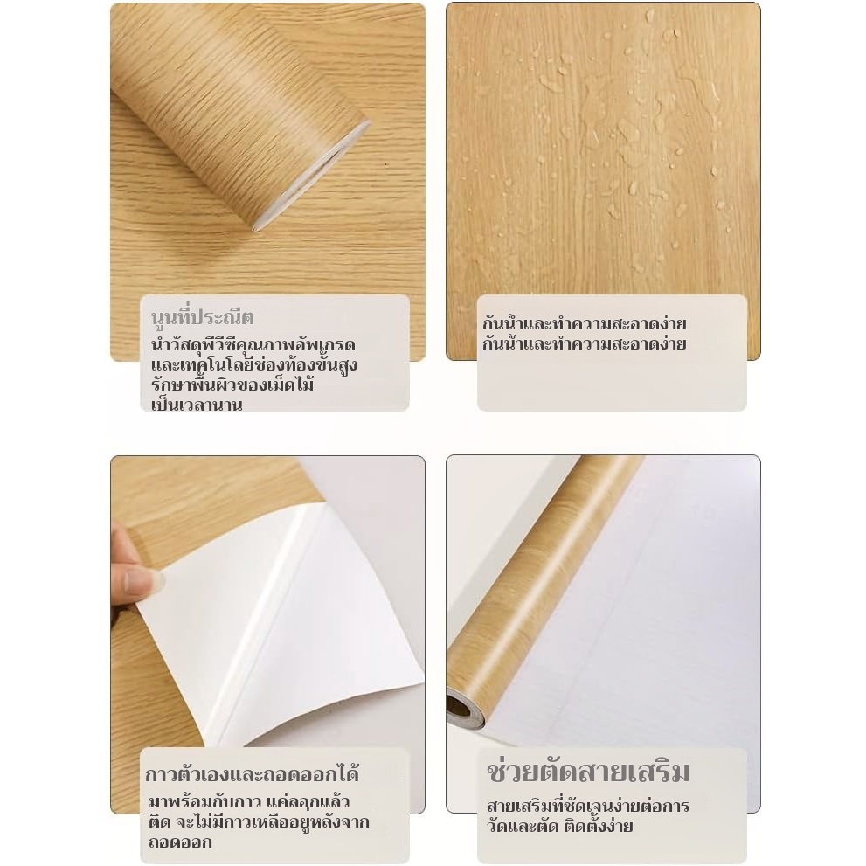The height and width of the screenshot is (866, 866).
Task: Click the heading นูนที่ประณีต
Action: tap(202, 317)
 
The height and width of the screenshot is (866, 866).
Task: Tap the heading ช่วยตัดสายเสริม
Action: tap(588, 772)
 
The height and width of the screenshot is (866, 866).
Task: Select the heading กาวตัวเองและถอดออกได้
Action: tap(253, 773)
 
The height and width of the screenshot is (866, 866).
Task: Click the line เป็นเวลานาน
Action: tap(197, 405)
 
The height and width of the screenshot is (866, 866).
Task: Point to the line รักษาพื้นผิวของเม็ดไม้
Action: tap(232, 384)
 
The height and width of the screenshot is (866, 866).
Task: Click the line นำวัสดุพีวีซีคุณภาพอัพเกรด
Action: tap(253, 344)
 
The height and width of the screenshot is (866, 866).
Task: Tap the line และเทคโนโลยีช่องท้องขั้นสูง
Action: tap(254, 364)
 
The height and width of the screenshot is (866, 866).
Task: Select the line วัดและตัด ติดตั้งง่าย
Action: tap(559, 826)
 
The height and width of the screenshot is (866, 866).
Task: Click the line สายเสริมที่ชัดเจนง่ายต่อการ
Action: tap(587, 806)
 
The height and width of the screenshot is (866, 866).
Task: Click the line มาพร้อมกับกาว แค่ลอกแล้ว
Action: tap(248, 801)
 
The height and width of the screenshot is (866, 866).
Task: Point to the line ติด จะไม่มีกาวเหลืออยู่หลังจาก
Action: tap(259, 821)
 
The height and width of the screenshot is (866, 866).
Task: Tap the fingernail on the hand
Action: tap(145, 582)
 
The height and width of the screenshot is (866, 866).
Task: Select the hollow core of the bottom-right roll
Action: tap(458, 706)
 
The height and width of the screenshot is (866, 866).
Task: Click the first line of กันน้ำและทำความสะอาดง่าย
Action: tap(584, 323)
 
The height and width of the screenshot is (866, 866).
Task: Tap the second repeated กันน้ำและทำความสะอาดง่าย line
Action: tap(584, 343)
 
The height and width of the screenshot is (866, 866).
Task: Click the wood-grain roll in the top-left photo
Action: tap(238, 110)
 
